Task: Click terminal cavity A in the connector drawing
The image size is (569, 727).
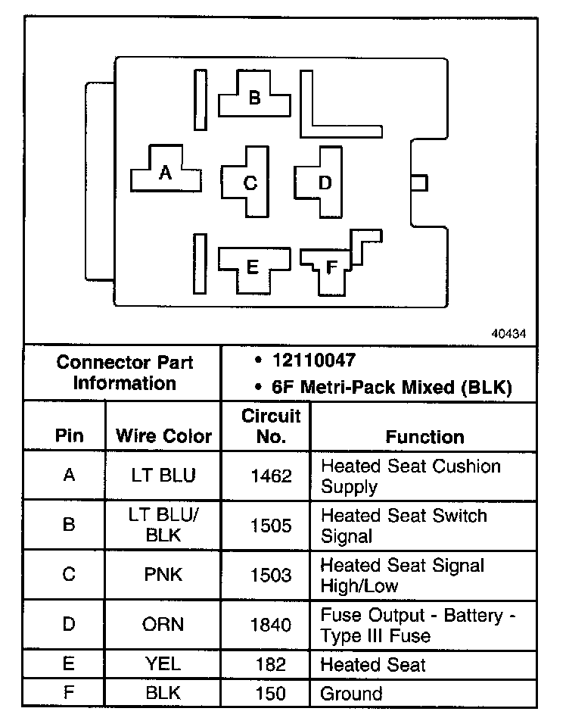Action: point(166,173)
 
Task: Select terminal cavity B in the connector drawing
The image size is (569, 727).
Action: point(254,97)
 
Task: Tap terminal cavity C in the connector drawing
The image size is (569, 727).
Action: point(250,183)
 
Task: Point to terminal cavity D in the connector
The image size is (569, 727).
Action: point(324,182)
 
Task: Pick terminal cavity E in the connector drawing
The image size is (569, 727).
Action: point(253,267)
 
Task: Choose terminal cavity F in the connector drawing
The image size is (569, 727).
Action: point(331,267)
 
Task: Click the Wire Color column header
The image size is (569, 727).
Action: point(163,437)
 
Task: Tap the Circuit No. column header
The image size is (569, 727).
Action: point(271,426)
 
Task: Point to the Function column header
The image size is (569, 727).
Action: point(424,437)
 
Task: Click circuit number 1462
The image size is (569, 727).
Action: point(271,476)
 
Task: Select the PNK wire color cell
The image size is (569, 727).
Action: point(163,575)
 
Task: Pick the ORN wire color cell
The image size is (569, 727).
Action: point(163,625)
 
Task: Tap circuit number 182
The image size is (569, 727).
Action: point(271,665)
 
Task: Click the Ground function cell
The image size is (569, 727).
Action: point(352,693)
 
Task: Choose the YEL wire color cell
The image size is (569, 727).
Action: point(163,665)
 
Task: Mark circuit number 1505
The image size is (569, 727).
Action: point(271,526)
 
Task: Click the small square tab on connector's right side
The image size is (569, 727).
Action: point(418,183)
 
